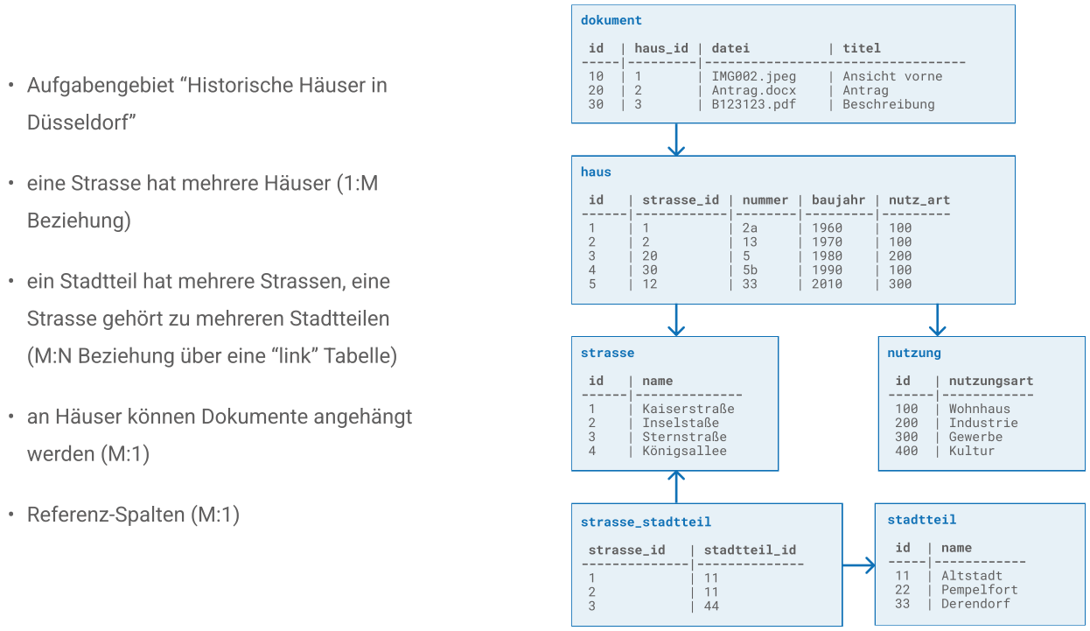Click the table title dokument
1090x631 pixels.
611,20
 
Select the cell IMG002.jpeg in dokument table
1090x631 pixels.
754,76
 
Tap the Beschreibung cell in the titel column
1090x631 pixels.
889,104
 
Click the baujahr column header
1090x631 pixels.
838,200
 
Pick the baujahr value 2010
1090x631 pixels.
827,284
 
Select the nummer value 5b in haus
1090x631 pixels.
750,270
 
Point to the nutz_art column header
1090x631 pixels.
919,200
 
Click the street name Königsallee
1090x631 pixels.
684,451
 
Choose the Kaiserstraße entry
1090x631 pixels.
688,409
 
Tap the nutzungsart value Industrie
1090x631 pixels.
983,423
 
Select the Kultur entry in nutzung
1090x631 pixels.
971,451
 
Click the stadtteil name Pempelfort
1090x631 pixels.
979,590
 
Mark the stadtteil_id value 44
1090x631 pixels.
711,606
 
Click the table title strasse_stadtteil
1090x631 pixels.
646,522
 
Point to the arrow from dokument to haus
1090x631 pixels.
676,140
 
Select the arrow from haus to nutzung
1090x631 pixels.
937,320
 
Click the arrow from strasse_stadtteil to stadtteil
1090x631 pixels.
859,565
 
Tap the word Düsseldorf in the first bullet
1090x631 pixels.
81,123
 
